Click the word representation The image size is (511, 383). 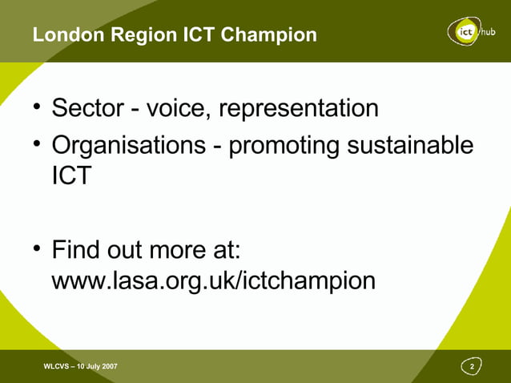tap(299, 109)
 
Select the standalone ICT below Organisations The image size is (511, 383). tap(71, 175)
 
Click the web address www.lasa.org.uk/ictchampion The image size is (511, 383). tap(213, 281)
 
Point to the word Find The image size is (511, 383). tap(77, 252)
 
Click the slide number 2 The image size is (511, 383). tap(473, 367)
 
